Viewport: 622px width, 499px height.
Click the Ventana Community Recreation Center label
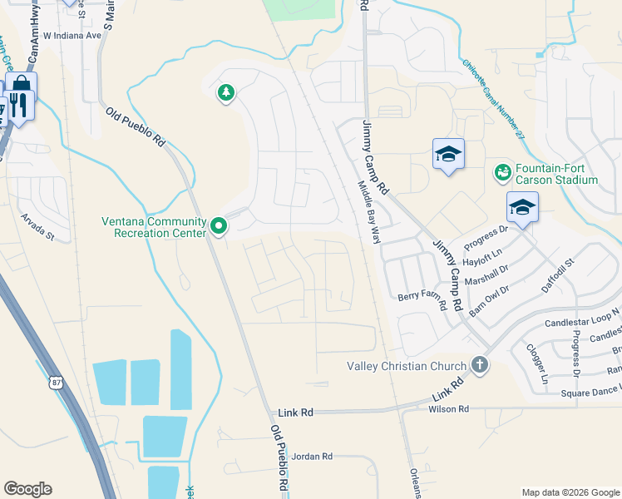pos(154,227)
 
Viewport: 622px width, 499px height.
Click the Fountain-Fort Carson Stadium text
pos(556,174)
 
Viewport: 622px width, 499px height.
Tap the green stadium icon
pos(502,173)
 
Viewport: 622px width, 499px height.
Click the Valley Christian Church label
pos(407,367)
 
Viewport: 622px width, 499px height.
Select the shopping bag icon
pos(21,85)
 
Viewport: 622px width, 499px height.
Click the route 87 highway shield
pos(55,381)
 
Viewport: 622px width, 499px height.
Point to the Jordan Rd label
pos(313,456)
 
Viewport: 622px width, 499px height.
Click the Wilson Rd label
pos(449,409)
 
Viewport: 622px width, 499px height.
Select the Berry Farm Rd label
pos(422,297)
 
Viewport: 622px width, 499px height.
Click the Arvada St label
pos(38,225)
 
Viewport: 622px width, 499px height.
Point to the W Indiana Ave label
pos(72,36)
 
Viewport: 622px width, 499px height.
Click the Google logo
pos(27,489)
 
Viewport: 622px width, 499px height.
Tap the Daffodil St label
pos(558,275)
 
